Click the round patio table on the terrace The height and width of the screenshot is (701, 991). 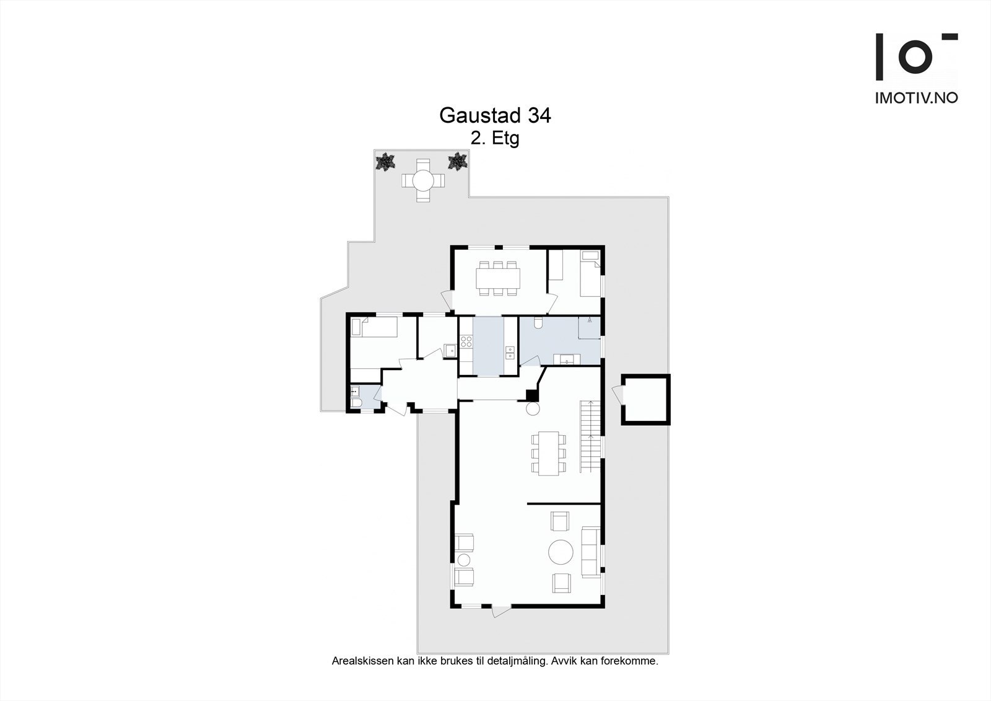(x=423, y=180)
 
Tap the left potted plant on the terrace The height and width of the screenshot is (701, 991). (x=385, y=162)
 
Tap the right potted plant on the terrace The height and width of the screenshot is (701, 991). (x=457, y=162)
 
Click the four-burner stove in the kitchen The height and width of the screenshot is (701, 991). (x=466, y=341)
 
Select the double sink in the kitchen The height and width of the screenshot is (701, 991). (x=510, y=353)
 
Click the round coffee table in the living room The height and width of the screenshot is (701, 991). (x=562, y=551)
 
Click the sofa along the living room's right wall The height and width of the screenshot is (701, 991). (x=590, y=552)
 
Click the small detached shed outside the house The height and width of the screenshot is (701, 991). (x=645, y=399)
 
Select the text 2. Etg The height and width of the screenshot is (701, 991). (x=494, y=138)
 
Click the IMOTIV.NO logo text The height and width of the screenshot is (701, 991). (x=916, y=98)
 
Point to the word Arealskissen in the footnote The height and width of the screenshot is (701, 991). (x=362, y=661)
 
